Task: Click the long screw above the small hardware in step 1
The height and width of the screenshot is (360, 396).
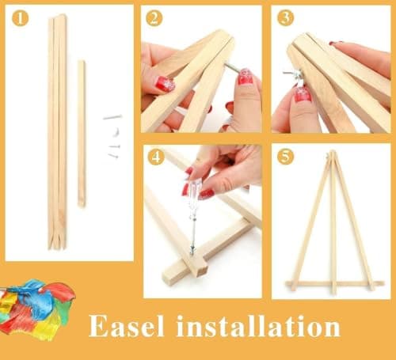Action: (112, 117)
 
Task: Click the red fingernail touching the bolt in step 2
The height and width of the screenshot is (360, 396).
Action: (246, 77)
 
